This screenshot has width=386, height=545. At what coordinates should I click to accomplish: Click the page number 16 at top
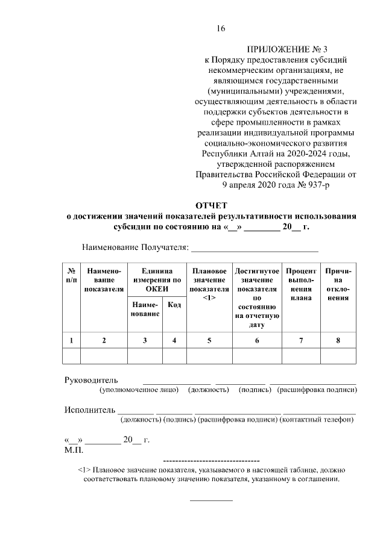point(221,28)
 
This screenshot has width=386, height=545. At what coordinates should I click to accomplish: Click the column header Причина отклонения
point(338,285)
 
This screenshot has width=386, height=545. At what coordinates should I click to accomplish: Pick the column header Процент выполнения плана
point(301,285)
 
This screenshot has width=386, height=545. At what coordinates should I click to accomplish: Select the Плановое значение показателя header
point(209,285)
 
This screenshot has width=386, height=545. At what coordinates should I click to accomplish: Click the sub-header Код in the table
point(174,305)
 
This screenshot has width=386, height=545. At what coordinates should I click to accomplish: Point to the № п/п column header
point(71,276)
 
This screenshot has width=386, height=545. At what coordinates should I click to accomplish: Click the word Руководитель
point(91,380)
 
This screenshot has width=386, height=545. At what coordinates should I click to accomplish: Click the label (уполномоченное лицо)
point(139,390)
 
